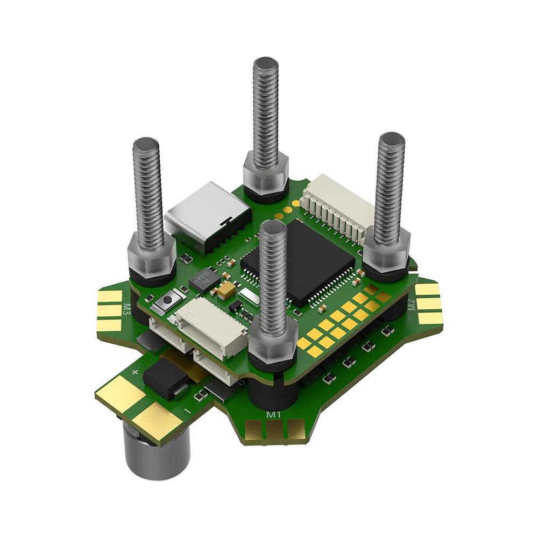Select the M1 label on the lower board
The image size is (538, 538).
tap(274, 415)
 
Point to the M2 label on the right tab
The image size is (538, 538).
tap(412, 305)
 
